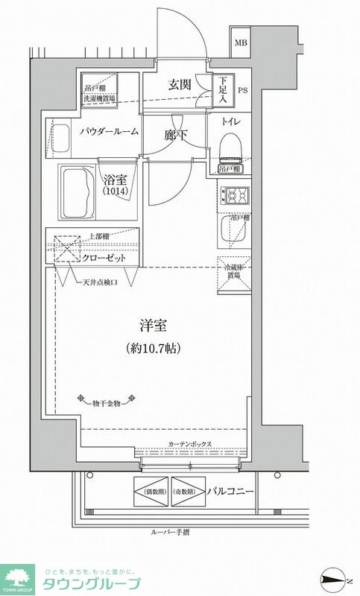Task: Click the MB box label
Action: click(x=241, y=43)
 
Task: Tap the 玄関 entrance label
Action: click(x=180, y=85)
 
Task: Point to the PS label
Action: click(x=242, y=92)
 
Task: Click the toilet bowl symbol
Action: click(x=231, y=146)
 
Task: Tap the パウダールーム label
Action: click(x=109, y=132)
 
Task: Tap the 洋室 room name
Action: click(x=152, y=326)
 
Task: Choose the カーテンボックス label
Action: click(x=189, y=444)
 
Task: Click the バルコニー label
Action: click(x=230, y=492)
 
